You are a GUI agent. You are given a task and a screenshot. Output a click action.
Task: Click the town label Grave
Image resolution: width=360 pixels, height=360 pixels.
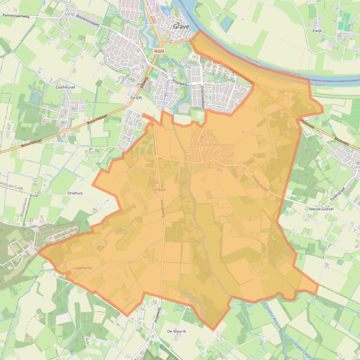(x=181, y=27)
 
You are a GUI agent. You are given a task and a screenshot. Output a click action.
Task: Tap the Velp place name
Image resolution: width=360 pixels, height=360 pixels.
(x=70, y=14)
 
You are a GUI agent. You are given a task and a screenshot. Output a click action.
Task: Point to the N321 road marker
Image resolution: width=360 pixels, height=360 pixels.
(x=217, y=62)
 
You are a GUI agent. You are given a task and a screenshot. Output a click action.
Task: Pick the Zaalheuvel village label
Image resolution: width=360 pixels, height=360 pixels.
(x=65, y=87)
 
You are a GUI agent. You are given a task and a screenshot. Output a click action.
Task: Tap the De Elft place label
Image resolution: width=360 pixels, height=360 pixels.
(x=136, y=98)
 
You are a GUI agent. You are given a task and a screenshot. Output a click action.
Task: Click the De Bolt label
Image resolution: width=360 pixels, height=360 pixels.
(x=159, y=190)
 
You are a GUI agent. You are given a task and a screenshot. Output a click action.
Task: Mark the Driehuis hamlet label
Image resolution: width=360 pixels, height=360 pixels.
(x=75, y=193)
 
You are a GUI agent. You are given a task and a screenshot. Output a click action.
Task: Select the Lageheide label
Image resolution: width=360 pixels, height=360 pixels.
(x=83, y=268)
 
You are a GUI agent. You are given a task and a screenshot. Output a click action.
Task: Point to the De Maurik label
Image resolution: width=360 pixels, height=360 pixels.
(x=176, y=331)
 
